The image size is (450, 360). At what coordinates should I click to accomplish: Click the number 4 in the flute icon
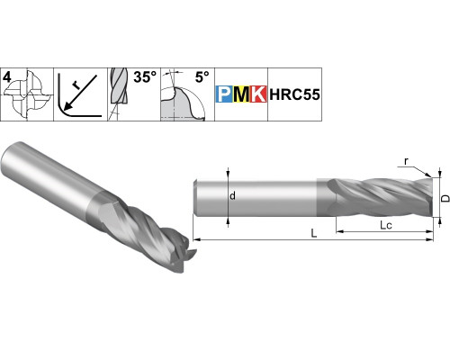click(7, 77)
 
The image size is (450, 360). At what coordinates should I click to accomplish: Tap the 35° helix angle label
click(145, 77)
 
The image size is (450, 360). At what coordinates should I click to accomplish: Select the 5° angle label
click(202, 77)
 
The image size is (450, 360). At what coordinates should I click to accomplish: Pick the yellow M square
click(241, 94)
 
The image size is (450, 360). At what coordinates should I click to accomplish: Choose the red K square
click(258, 94)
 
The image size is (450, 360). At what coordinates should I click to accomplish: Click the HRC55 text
click(294, 94)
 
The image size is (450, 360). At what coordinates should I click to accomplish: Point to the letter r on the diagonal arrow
click(76, 86)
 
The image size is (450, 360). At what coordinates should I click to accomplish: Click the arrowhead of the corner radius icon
click(68, 105)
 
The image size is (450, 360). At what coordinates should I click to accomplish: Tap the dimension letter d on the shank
click(232, 196)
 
